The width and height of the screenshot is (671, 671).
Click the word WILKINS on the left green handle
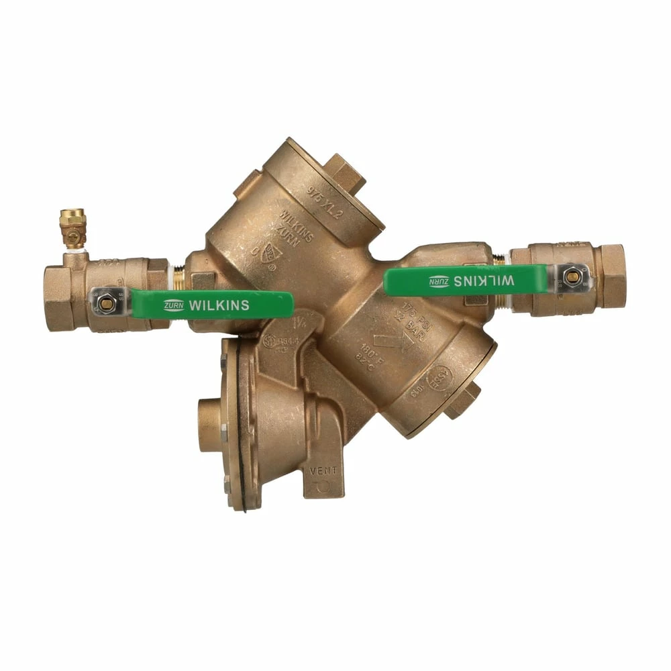coord(219,305)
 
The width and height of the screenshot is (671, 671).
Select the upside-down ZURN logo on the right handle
coord(439,280)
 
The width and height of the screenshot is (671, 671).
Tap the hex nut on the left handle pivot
coord(105,303)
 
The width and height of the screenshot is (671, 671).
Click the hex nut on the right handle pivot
coord(572,276)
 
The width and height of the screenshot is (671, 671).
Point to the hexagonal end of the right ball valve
coord(613,275)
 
